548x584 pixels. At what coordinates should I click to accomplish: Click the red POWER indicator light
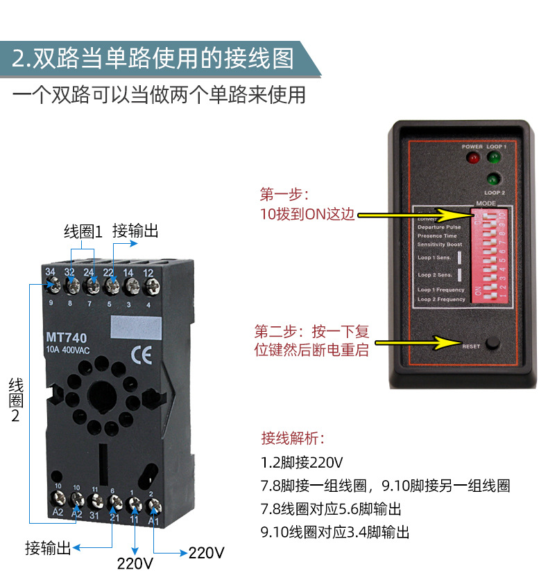coord(473,158)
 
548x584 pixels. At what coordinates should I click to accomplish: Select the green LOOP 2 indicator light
coord(494,178)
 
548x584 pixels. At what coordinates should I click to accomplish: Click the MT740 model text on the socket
coord(67,337)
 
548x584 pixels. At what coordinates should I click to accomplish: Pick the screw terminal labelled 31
coord(94,499)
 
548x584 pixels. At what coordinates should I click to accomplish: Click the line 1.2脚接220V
coord(302,462)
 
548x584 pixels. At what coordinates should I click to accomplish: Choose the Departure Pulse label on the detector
coord(439,227)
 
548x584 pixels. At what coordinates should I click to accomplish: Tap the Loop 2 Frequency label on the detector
coord(441,299)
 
